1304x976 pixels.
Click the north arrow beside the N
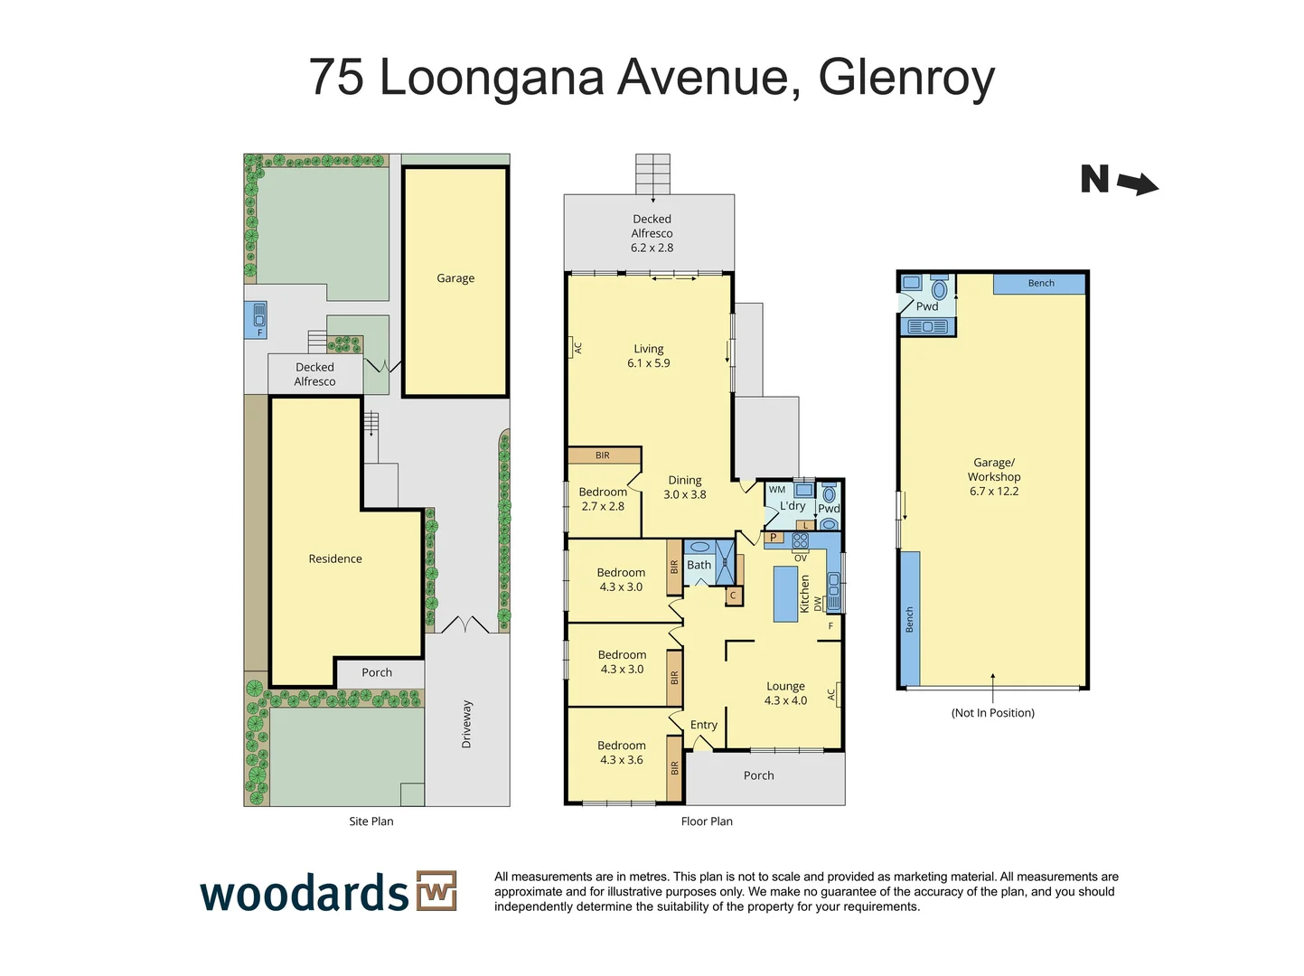1138,184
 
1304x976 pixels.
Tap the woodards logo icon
436,891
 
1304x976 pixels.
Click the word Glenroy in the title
906,77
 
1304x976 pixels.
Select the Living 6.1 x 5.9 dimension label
649,356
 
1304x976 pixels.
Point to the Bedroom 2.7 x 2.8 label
603,499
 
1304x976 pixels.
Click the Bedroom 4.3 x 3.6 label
622,753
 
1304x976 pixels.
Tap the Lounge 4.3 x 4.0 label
785,693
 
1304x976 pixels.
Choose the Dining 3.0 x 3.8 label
685,488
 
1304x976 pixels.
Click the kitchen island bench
785,594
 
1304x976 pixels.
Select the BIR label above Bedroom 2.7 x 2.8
603,455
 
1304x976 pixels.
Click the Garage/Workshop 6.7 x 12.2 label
994,477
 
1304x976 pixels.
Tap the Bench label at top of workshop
1041,284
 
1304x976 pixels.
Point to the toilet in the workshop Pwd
940,289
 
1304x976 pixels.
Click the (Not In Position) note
992,713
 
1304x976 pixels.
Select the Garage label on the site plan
455,278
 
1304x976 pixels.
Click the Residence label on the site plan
335,559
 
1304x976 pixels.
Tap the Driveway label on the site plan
467,724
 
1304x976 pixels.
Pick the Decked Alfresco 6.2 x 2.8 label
652,233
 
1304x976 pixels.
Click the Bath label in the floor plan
699,566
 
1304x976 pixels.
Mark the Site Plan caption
371,821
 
